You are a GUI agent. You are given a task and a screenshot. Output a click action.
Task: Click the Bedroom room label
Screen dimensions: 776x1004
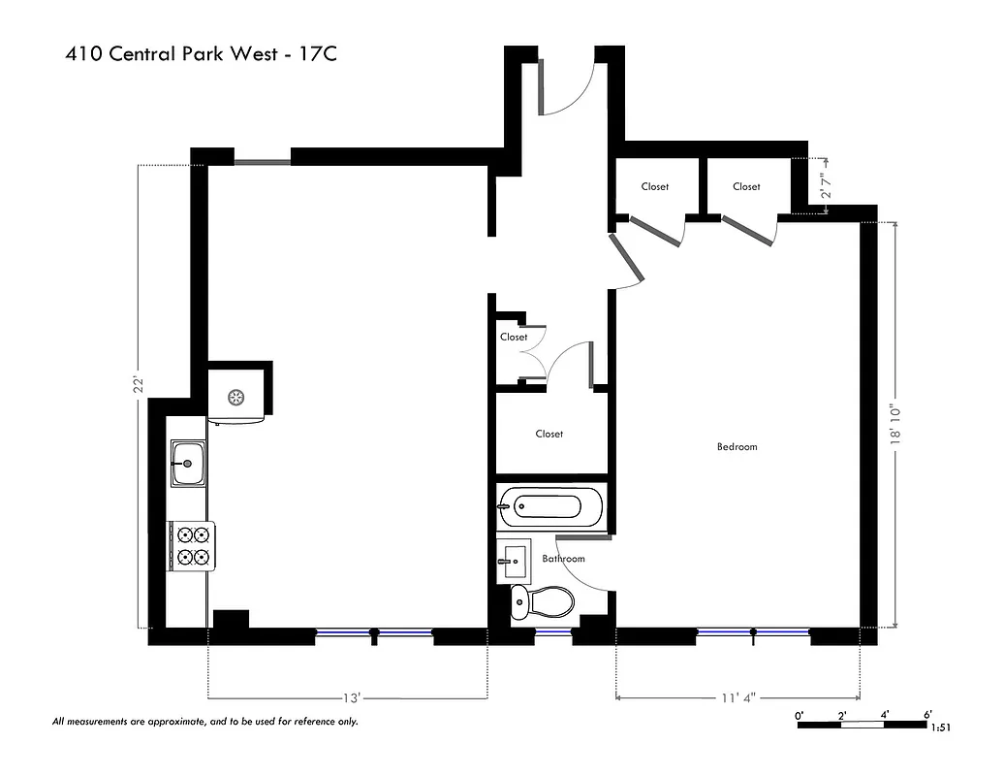(737, 447)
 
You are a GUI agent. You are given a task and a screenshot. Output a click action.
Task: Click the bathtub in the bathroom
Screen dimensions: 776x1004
(550, 505)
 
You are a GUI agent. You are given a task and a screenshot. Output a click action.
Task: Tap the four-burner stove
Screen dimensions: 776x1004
(191, 544)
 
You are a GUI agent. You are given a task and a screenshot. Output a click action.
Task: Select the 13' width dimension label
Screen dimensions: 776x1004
(352, 697)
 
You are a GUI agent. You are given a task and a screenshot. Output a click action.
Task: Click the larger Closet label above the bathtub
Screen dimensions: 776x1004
(549, 434)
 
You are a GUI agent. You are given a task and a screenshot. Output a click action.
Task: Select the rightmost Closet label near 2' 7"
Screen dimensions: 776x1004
(746, 186)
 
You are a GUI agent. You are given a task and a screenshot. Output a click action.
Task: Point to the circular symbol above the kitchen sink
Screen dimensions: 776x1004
(235, 396)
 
